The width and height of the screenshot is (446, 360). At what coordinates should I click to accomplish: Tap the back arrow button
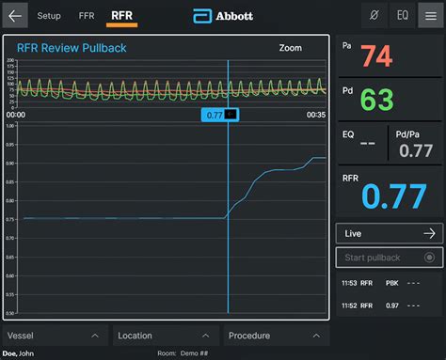[15, 16]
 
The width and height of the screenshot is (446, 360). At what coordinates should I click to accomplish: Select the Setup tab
[49, 16]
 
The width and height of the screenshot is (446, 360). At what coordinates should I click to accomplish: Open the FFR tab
[87, 16]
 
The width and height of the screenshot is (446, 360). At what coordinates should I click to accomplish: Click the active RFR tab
[121, 16]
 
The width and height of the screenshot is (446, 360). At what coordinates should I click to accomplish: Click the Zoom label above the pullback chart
[291, 48]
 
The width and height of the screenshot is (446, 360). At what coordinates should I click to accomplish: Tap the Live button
[390, 233]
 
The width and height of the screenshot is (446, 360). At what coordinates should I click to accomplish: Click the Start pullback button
[390, 258]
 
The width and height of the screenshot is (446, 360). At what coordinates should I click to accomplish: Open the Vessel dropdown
[54, 336]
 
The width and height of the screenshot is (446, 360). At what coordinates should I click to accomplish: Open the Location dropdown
[165, 336]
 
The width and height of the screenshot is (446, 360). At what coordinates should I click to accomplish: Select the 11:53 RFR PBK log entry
[390, 282]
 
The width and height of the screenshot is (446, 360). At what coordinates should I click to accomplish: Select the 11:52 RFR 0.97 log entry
[390, 305]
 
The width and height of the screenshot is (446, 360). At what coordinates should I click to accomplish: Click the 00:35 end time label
[315, 115]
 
